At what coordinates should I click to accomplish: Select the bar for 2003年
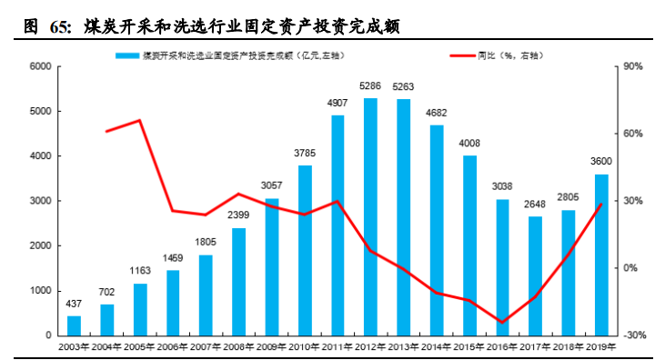tap(75, 325)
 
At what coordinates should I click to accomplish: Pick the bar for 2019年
tap(601, 255)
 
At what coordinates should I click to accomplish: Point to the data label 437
tap(75, 305)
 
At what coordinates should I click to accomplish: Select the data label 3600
tap(601, 162)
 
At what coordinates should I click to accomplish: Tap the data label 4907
tap(338, 104)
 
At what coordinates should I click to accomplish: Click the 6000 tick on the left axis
tap(38, 66)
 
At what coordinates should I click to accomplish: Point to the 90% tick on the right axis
tap(633, 66)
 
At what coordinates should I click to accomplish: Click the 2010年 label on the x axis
tap(305, 347)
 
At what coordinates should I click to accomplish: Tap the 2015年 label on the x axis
tap(469, 347)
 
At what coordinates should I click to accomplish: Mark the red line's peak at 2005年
tap(140, 120)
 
